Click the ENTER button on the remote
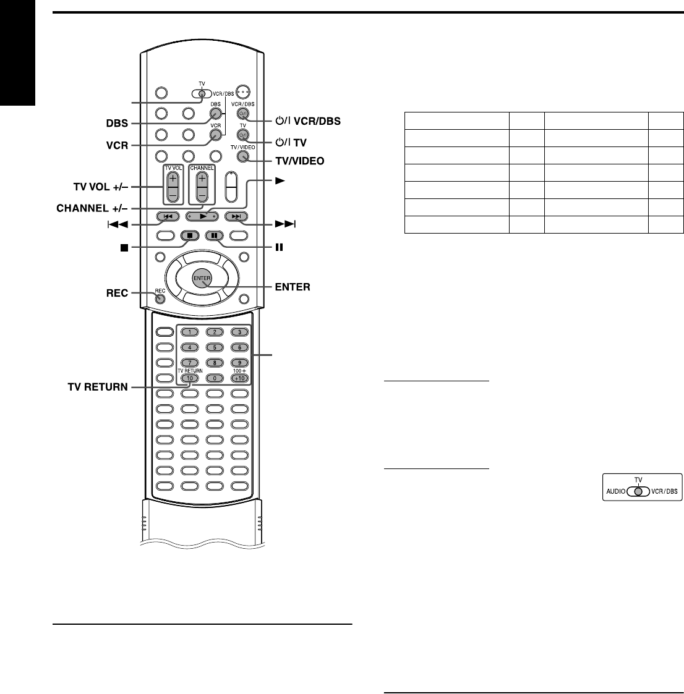click(x=202, y=279)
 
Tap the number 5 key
click(x=214, y=347)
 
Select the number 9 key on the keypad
click(x=239, y=363)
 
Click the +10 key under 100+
click(x=239, y=378)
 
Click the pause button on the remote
click(x=213, y=235)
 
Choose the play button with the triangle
click(x=202, y=216)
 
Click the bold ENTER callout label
click(x=293, y=287)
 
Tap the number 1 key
click(x=189, y=332)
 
